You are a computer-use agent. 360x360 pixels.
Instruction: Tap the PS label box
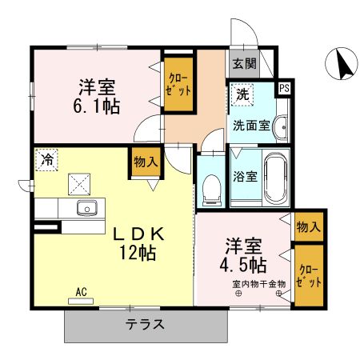285,88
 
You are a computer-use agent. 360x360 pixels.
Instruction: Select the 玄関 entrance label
244,63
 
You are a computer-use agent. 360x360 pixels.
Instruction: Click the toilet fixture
212,190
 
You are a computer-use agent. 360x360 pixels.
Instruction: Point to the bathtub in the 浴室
276,178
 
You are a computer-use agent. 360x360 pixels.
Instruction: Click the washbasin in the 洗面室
282,127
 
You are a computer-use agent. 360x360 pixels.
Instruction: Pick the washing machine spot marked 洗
242,94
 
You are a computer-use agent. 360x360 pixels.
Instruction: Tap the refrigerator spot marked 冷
46,160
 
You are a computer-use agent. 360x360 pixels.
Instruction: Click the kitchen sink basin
87,208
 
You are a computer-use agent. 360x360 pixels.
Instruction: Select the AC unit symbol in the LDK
81,302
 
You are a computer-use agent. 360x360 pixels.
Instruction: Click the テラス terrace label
145,324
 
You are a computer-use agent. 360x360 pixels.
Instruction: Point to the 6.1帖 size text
96,106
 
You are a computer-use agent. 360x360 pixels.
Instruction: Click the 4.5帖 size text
243,264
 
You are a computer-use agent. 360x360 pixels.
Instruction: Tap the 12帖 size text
138,252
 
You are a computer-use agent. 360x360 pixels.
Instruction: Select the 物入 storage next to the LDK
146,162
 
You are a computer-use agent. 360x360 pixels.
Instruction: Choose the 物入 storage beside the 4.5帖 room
309,227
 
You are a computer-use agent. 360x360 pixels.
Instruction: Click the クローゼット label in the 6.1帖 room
178,84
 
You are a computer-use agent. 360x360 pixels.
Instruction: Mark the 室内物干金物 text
259,284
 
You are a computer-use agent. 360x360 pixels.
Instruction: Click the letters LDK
138,234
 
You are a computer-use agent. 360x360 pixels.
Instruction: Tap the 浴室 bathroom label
245,177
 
